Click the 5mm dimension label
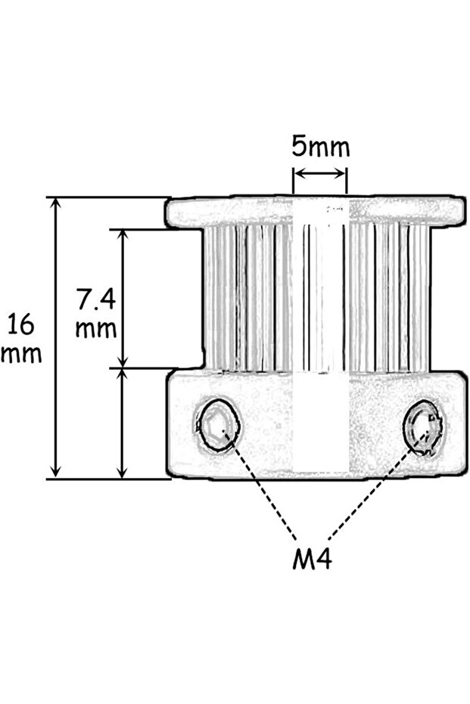click(x=321, y=146)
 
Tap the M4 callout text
click(x=312, y=560)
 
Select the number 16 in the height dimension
click(x=20, y=325)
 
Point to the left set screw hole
click(x=218, y=425)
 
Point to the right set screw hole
click(x=425, y=428)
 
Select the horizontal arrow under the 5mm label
click(x=320, y=174)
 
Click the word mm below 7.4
click(x=96, y=329)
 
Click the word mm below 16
click(x=20, y=353)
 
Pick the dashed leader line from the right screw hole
click(x=371, y=492)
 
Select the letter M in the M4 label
click(x=302, y=560)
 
